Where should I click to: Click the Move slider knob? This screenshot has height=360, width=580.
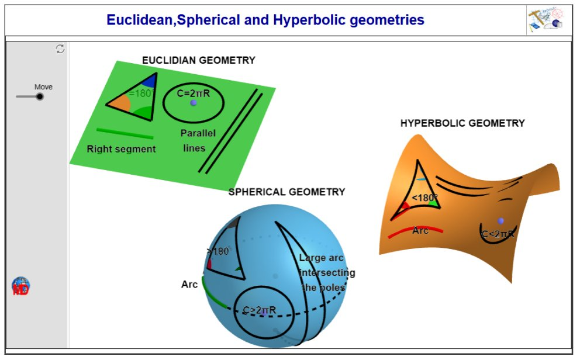coord(40,97)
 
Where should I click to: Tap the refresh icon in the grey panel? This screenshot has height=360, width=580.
coord(60,49)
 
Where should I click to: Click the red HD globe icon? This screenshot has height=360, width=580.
coord(20,286)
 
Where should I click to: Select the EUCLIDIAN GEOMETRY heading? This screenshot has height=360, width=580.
coord(199,60)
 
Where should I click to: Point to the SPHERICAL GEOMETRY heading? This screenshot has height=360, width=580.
coord(286,192)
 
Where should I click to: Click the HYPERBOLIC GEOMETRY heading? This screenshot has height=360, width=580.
coord(462,123)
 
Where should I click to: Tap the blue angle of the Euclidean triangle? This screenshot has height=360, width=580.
coord(149,81)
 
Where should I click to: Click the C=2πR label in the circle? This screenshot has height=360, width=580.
coord(193,94)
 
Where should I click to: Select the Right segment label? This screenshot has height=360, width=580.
coord(121,149)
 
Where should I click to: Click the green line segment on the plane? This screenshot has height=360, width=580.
coord(125,133)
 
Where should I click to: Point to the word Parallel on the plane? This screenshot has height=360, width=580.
coord(198,133)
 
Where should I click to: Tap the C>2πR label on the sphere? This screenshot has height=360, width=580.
coord(259,310)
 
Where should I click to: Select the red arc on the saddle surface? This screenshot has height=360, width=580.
coord(415,231)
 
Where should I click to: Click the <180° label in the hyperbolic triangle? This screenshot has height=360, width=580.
coord(424,198)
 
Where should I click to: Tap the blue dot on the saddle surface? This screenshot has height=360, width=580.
coord(500,221)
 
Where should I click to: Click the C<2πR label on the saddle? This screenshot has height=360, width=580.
coord(498,234)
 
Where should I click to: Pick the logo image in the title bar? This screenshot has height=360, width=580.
coord(546,20)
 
